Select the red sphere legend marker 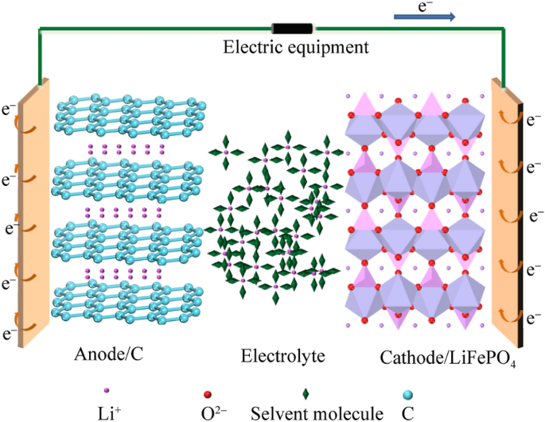click(x=208, y=393)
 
